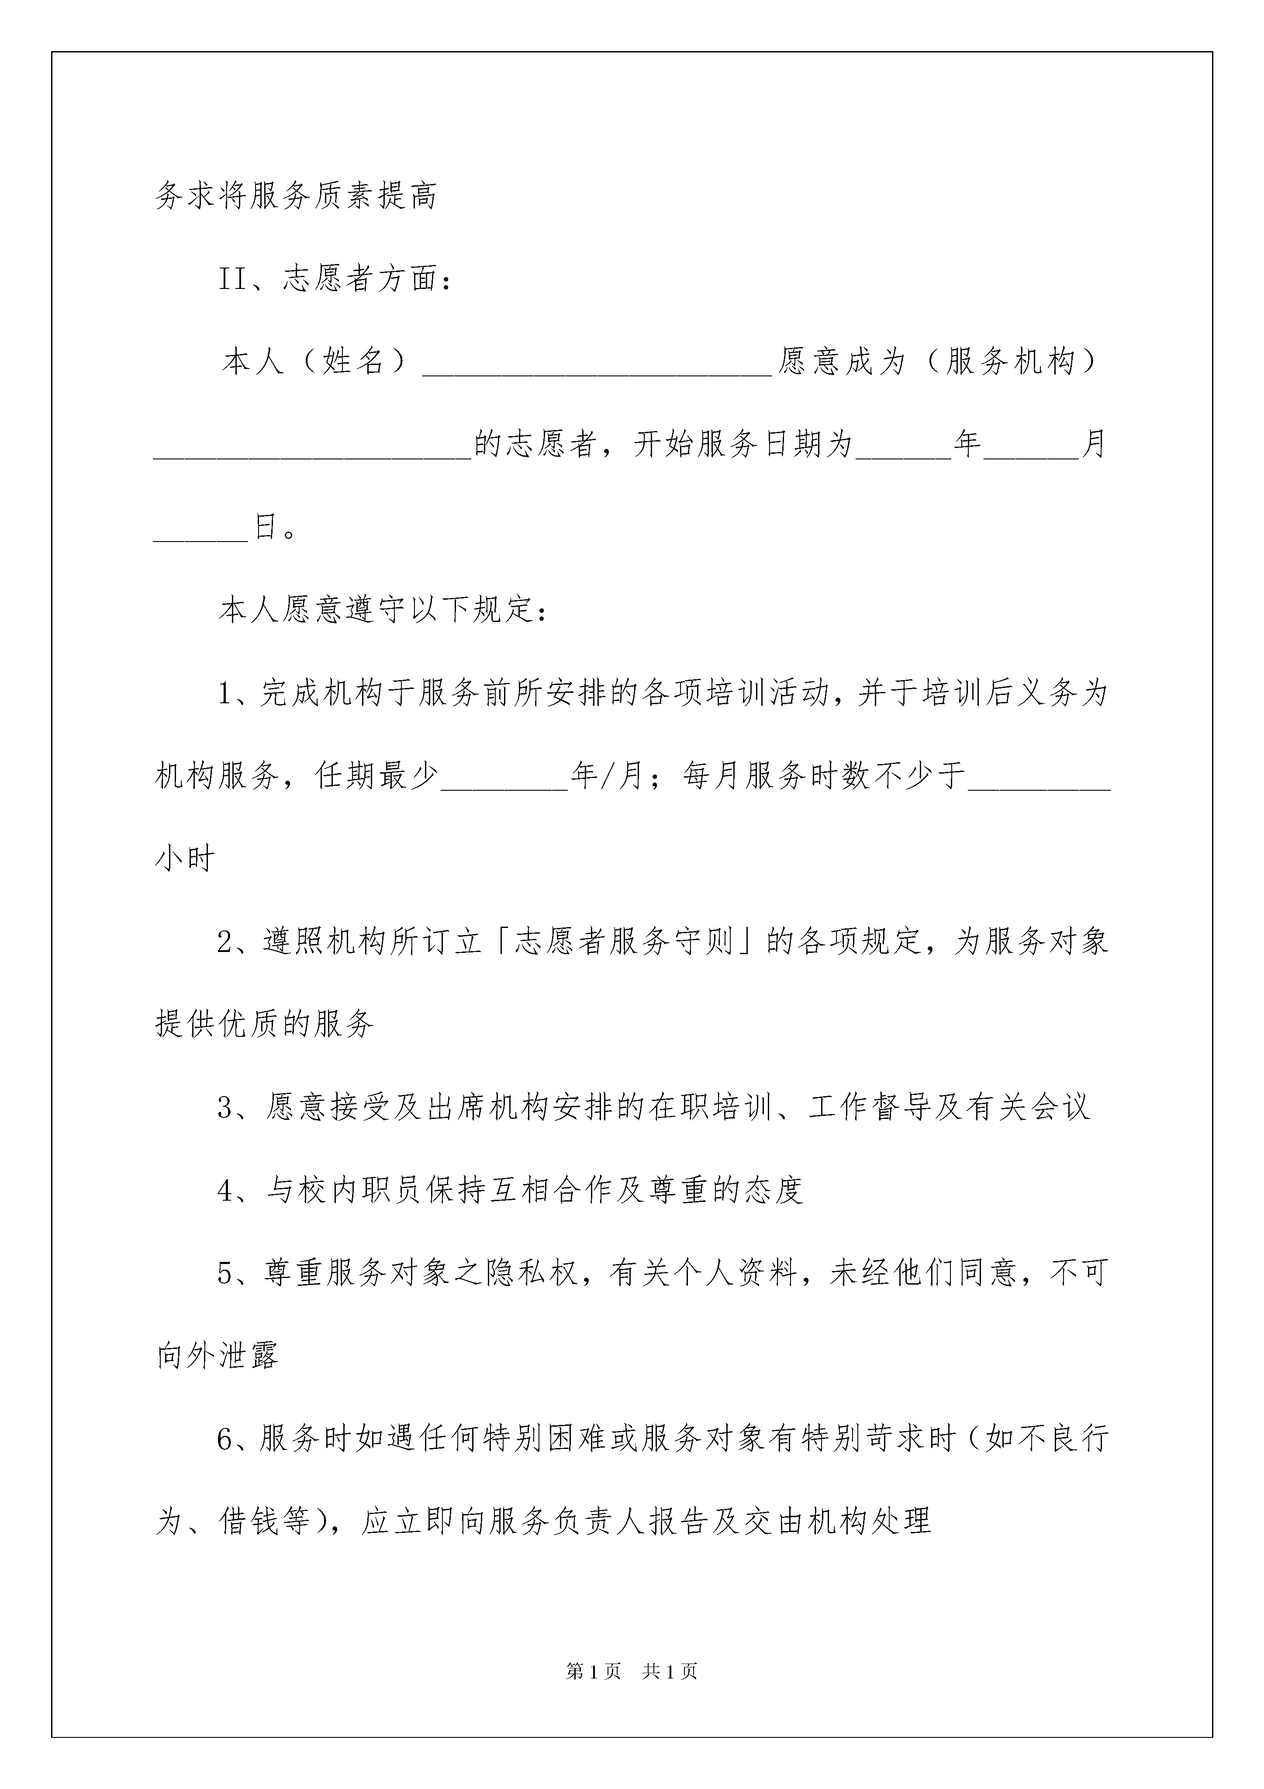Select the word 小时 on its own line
pyautogui.click(x=185, y=858)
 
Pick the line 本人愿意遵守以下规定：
pyautogui.click(x=383, y=610)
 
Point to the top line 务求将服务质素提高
pyautogui.click(x=296, y=195)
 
